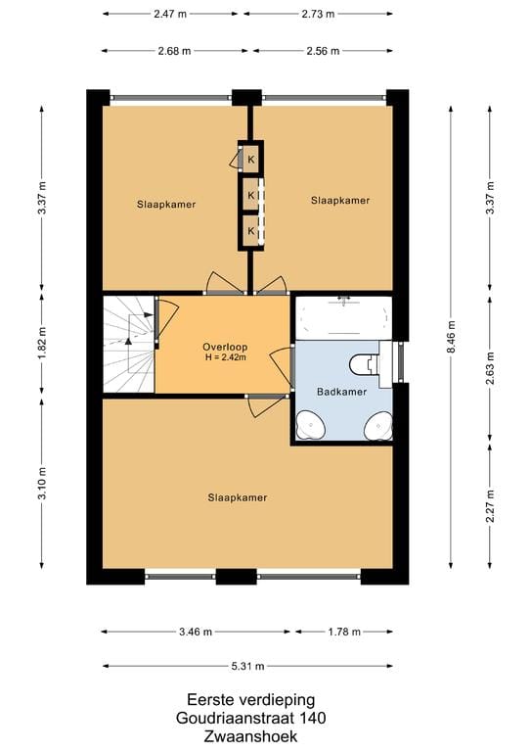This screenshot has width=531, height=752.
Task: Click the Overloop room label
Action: click(x=225, y=347)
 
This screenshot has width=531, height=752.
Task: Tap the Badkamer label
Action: click(x=342, y=392)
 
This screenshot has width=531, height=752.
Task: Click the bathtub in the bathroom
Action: click(x=343, y=318)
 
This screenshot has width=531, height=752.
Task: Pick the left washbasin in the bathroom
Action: click(x=311, y=425)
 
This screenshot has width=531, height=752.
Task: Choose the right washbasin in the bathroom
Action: click(x=378, y=425)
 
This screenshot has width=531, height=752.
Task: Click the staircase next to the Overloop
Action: click(x=129, y=345)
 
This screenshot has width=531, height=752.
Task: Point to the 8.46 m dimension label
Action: click(x=451, y=337)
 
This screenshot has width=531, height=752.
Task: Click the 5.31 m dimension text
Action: click(x=247, y=666)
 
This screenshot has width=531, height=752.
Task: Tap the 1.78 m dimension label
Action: click(x=344, y=632)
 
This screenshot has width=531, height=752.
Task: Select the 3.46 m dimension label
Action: click(x=196, y=632)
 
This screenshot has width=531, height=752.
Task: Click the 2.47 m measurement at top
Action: click(x=170, y=14)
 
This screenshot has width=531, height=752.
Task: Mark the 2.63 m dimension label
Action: click(x=490, y=368)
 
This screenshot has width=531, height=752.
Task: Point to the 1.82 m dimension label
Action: click(x=42, y=343)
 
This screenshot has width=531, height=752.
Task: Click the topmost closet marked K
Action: click(x=251, y=160)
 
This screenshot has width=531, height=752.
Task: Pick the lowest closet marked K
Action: click(x=251, y=231)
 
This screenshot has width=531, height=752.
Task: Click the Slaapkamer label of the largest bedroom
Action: click(x=238, y=497)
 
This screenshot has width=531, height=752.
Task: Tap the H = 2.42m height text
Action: click(x=226, y=356)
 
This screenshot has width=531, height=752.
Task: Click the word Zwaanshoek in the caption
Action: click(x=250, y=736)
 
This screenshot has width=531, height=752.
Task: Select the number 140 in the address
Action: click(x=313, y=718)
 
